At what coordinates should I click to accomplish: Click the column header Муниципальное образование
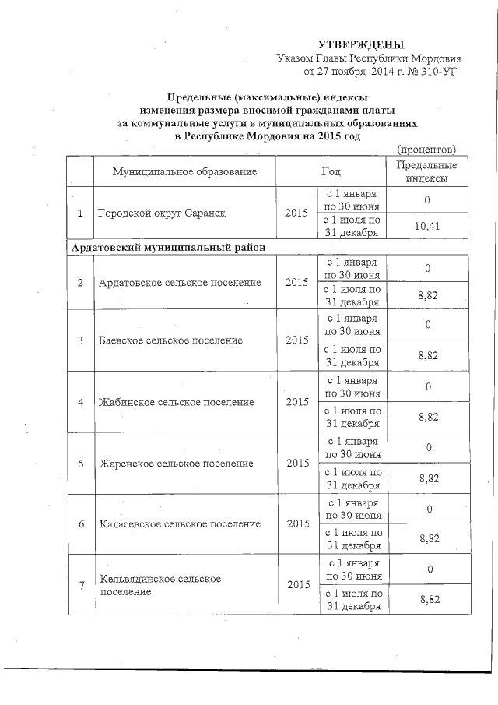(184, 171)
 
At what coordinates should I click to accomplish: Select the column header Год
(331, 171)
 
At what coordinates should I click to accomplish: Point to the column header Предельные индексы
(426, 171)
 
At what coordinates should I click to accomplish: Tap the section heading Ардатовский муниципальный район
(167, 247)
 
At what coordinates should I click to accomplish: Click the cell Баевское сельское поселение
(170, 340)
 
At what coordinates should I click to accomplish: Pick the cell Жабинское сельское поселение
(176, 402)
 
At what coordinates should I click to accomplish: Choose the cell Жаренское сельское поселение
(176, 464)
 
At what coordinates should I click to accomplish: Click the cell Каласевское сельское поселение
(179, 524)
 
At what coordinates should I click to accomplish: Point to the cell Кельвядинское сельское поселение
(160, 585)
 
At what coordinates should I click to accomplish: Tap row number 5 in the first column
(80, 464)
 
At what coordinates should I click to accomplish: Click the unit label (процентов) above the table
(426, 149)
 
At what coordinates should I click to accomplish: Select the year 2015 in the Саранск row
(296, 213)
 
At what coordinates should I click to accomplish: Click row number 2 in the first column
(80, 281)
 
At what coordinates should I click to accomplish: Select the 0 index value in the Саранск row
(427, 199)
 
